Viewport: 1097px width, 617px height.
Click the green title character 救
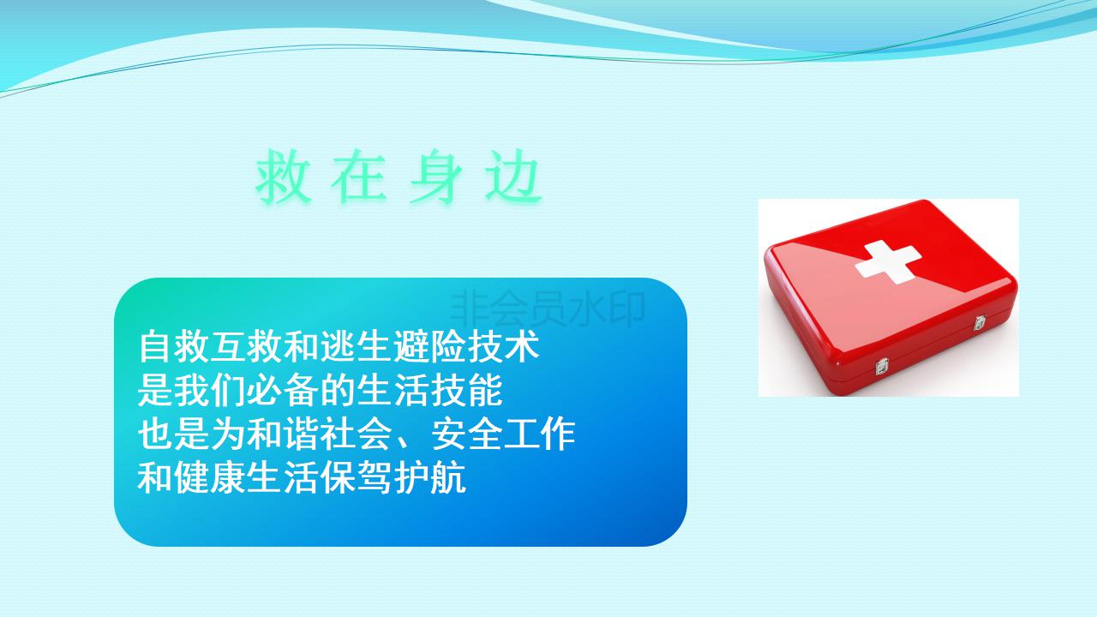click(x=283, y=177)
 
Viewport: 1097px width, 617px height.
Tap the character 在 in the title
click(x=359, y=177)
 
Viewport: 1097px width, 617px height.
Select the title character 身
click(x=436, y=177)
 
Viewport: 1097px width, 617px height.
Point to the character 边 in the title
click(x=513, y=177)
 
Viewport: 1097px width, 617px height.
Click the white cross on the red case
click(x=887, y=262)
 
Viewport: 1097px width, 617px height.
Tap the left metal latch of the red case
click(x=882, y=366)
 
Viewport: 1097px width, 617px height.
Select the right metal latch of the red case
click(x=980, y=323)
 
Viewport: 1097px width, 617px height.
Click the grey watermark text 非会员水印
click(x=547, y=308)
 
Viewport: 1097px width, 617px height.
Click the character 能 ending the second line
click(x=485, y=390)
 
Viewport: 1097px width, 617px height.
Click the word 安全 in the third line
click(x=467, y=434)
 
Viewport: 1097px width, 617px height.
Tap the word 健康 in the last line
click(x=210, y=478)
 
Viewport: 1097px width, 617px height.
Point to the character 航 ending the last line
click(x=448, y=478)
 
